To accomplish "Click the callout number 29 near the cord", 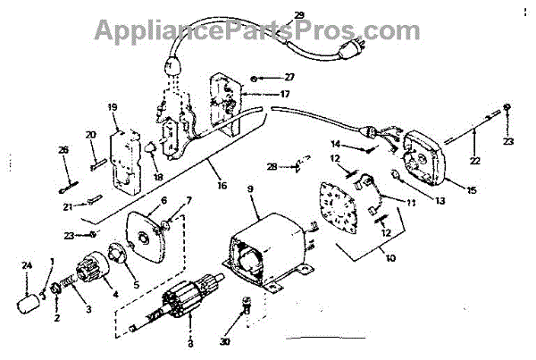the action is (299, 15).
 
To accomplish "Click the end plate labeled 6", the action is (147, 233).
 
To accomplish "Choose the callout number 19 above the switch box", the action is (113, 107).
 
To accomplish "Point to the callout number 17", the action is (284, 94).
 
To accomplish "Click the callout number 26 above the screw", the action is (63, 149).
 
